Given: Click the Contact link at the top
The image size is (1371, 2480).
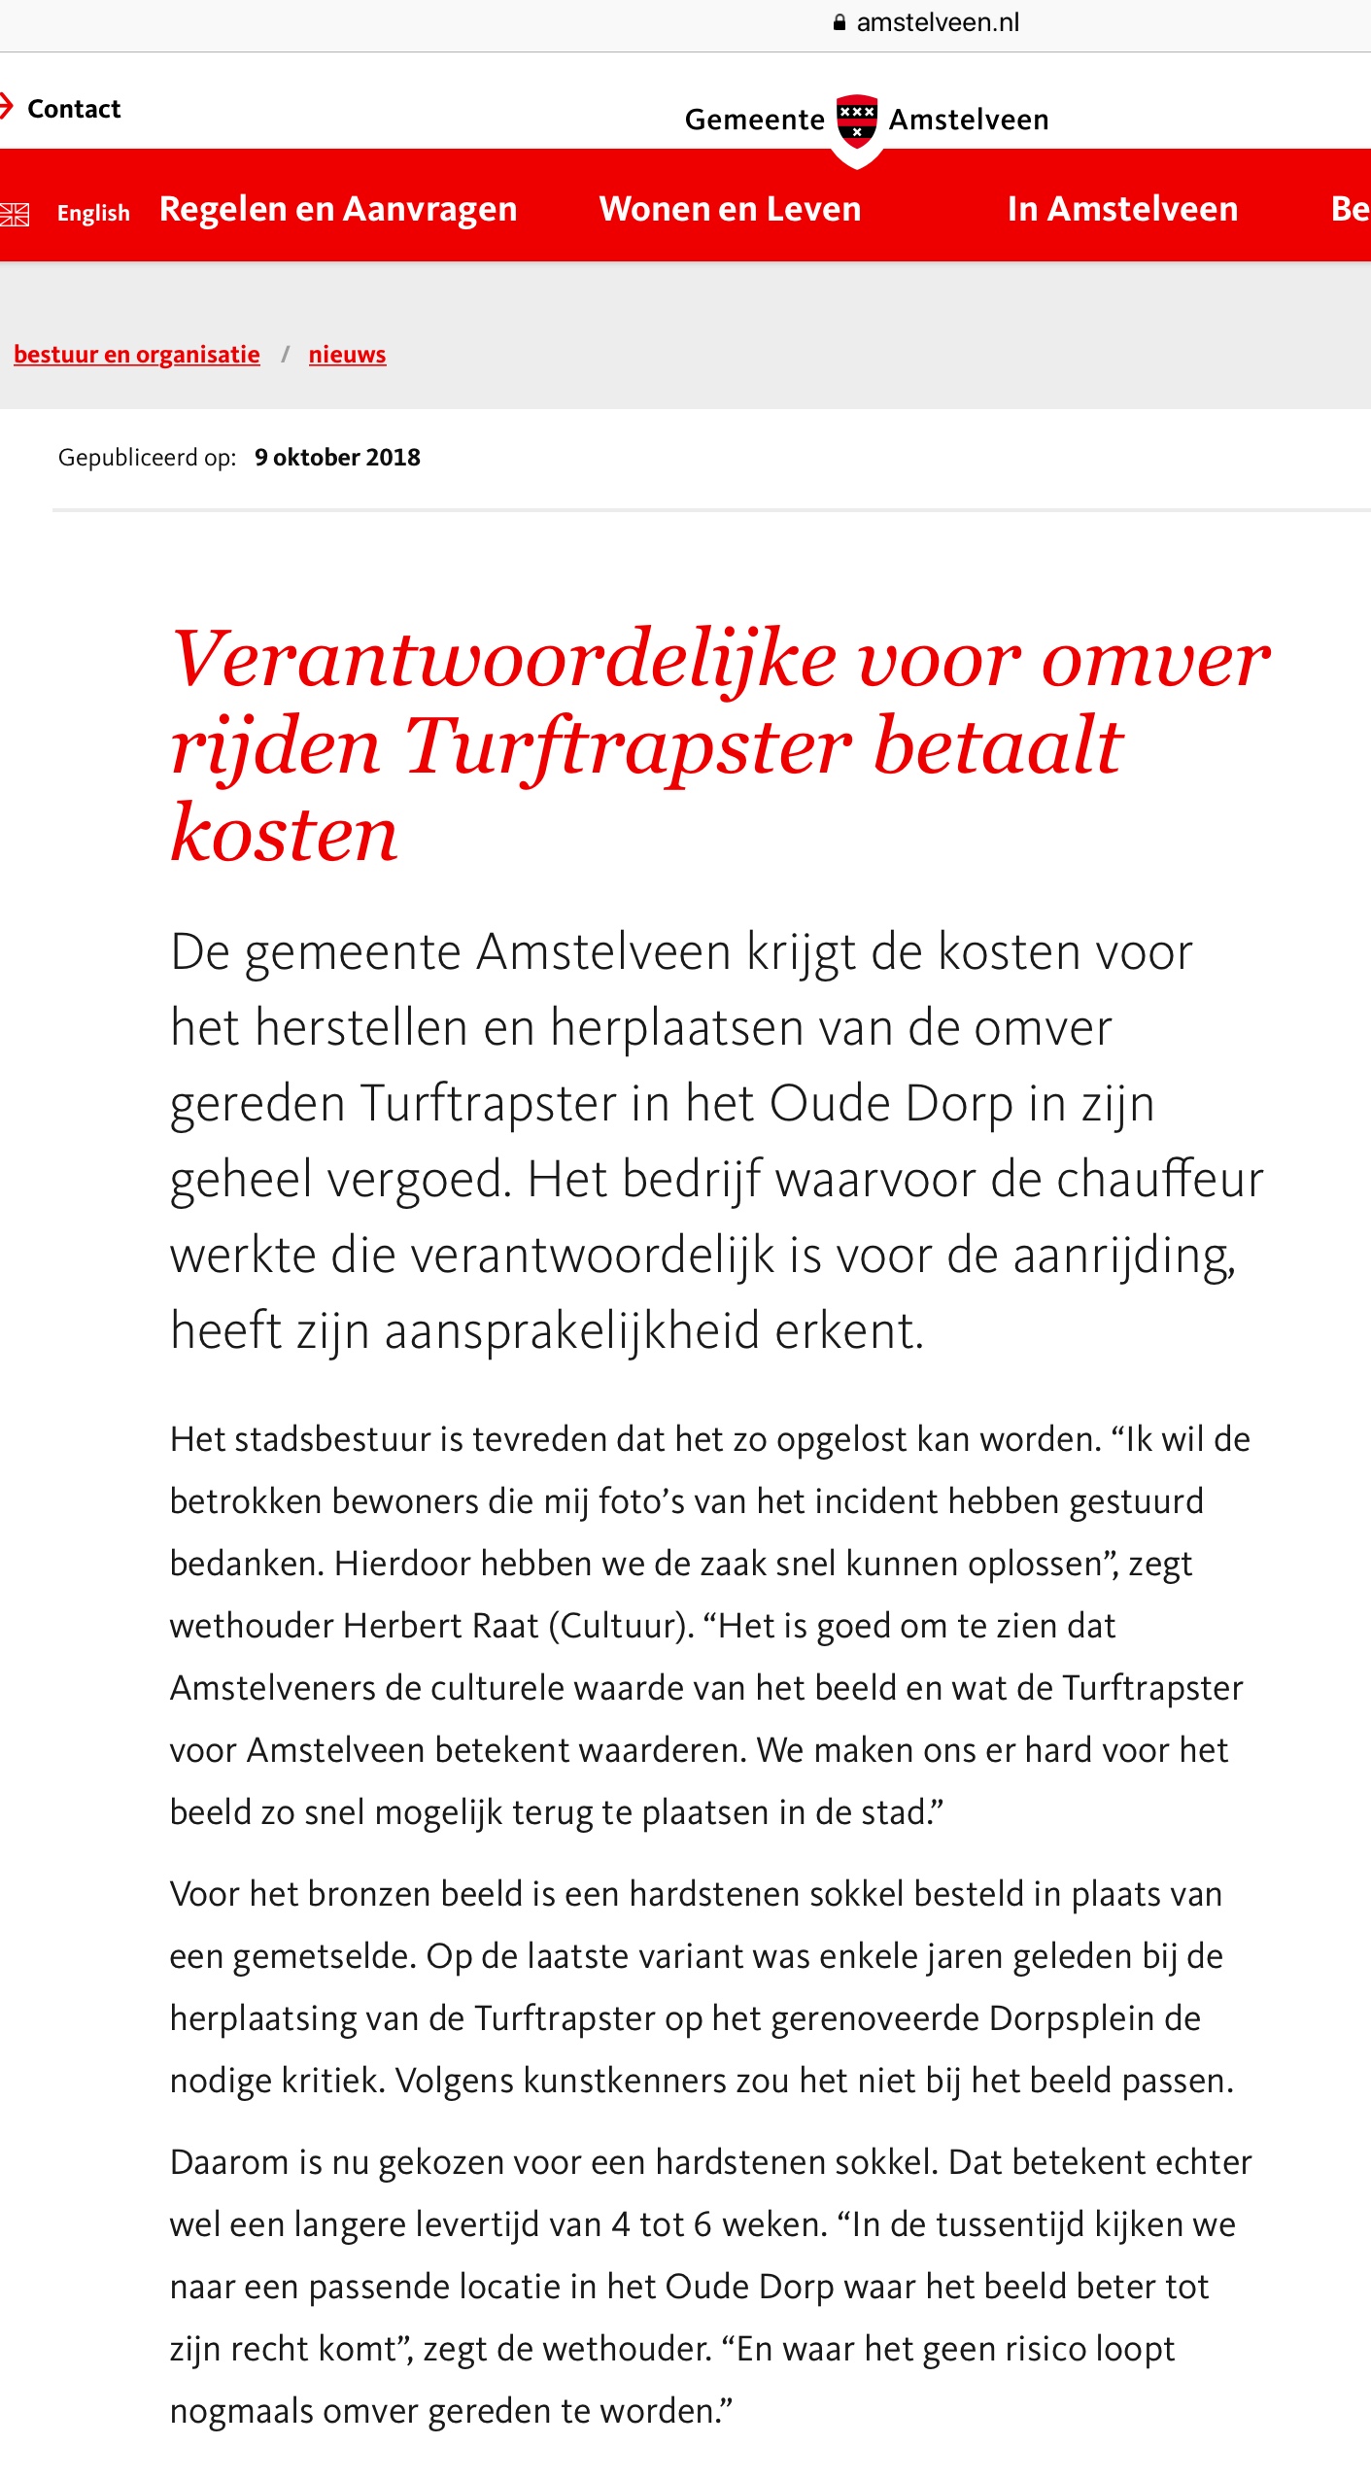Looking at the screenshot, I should [73, 109].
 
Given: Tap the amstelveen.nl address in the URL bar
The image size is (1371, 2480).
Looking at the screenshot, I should [937, 22].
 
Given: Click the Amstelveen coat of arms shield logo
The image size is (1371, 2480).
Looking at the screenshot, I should [857, 121].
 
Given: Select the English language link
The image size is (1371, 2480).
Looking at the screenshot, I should [93, 213].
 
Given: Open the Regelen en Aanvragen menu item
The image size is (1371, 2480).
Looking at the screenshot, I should [338, 209].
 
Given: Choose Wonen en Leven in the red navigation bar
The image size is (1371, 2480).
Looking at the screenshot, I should [730, 209].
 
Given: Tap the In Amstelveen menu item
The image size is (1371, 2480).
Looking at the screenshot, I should [1122, 209].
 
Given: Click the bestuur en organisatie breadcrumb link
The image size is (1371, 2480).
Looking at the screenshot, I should [137, 355].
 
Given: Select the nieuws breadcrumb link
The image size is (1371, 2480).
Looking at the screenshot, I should [347, 355].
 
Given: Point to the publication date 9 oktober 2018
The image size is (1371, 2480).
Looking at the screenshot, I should [337, 458].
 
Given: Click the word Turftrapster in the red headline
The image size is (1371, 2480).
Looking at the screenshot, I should [628, 746].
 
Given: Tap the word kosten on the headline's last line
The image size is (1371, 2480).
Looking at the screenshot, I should [284, 834].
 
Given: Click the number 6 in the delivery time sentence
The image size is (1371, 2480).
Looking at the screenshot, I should [702, 2224].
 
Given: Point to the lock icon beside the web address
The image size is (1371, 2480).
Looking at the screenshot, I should [840, 22].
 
